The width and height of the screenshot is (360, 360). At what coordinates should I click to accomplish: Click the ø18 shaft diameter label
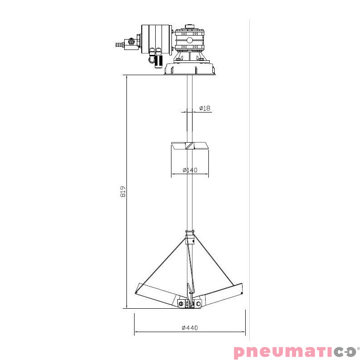click(205, 108)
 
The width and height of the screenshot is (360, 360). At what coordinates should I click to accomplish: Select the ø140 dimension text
click(190, 170)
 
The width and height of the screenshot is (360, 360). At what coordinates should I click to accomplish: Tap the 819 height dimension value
click(123, 191)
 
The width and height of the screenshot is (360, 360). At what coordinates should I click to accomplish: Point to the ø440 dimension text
click(189, 328)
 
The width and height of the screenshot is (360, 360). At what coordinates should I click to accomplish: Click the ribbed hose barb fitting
click(119, 45)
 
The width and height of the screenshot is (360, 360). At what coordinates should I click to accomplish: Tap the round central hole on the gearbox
click(189, 40)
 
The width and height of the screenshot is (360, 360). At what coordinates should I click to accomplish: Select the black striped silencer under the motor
click(158, 60)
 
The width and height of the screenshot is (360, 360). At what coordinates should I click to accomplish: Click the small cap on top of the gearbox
click(189, 26)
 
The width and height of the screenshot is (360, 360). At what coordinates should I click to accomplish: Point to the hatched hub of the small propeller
click(189, 146)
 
